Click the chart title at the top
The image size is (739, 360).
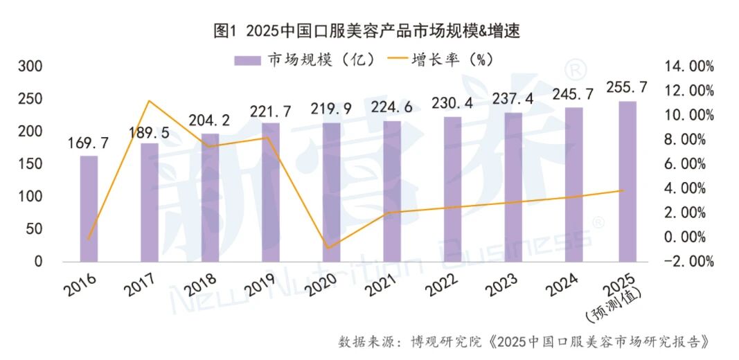(x=367, y=31)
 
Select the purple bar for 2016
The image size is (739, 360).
(x=89, y=208)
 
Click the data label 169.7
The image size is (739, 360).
(x=89, y=144)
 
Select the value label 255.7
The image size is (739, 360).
(x=627, y=87)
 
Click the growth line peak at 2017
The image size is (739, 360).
(x=150, y=101)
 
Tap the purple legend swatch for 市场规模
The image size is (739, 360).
(x=247, y=60)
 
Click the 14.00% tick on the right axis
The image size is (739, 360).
(x=689, y=66)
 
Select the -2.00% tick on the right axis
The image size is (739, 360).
(x=689, y=262)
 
